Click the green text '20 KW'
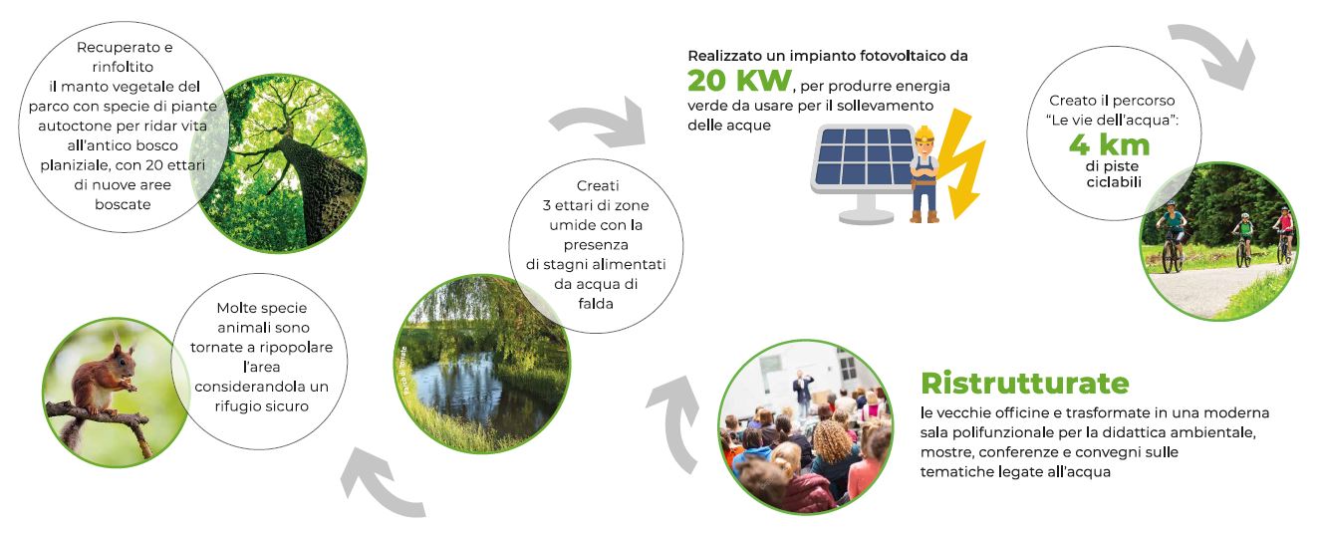pyautogui.click(x=739, y=81)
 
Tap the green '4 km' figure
pyautogui.click(x=1110, y=145)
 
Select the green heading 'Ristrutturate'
pyautogui.click(x=1025, y=384)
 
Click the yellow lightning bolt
pyautogui.click(x=959, y=163)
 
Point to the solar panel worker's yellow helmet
pyautogui.click(x=924, y=133)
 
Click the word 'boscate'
pyautogui.click(x=123, y=204)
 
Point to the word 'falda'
pyautogui.click(x=595, y=304)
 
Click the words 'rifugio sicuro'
pyautogui.click(x=262, y=406)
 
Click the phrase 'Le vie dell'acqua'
pyautogui.click(x=1113, y=121)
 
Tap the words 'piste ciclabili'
pyautogui.click(x=1113, y=174)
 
